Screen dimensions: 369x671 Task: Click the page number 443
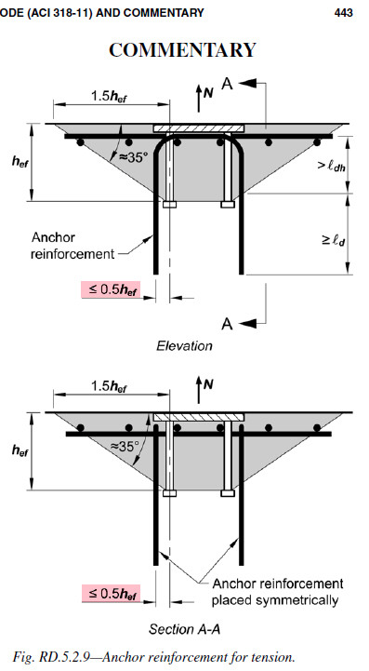344,13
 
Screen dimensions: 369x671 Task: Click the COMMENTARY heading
182,49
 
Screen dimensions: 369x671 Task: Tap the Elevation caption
184,345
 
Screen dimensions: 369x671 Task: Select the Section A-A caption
184,628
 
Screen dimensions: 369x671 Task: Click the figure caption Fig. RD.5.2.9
154,656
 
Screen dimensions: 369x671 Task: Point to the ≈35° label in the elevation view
133,156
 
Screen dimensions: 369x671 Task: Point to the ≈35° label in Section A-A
125,447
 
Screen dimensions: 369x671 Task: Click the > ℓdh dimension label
332,165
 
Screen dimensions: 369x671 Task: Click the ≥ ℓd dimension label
334,240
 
